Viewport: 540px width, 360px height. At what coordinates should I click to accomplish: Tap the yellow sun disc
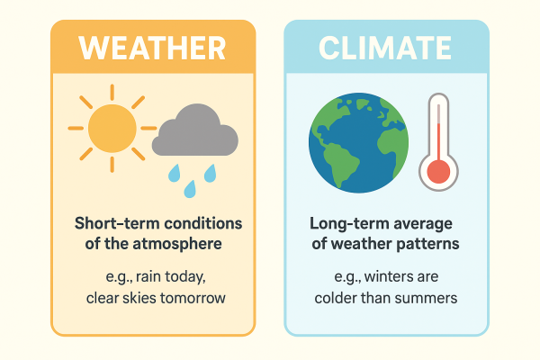(x=112, y=128)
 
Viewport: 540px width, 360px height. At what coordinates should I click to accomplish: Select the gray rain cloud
(x=195, y=133)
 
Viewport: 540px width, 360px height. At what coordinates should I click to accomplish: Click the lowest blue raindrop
(x=190, y=189)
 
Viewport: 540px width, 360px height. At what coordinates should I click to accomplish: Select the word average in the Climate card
(x=425, y=223)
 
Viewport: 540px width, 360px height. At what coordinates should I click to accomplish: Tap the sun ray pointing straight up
(x=112, y=92)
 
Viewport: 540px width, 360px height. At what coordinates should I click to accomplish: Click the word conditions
(x=204, y=223)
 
